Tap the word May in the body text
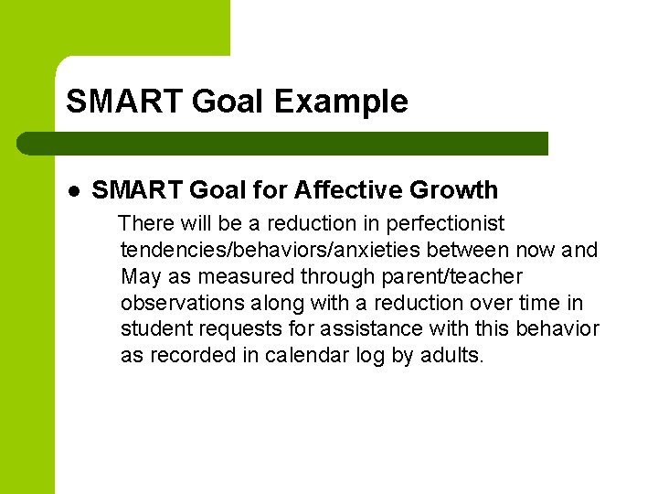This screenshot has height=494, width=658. (x=140, y=276)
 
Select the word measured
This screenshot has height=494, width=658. (x=238, y=276)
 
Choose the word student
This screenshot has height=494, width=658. (x=154, y=328)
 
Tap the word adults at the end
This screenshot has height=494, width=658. (x=451, y=355)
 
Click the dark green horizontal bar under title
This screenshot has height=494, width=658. (x=283, y=144)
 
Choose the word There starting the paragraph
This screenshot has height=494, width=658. (x=146, y=224)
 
